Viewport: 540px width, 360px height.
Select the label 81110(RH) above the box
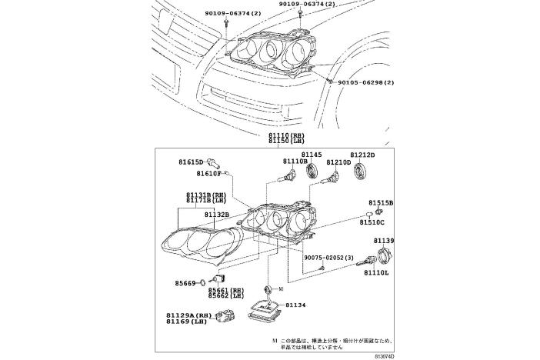(286, 136)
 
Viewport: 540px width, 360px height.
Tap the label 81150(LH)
(286, 142)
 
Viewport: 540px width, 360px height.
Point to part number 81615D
(190, 162)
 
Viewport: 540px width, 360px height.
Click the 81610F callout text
(206, 174)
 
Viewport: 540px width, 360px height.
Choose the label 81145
(312, 155)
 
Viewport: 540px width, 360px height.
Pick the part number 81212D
(362, 155)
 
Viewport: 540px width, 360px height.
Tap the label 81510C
(373, 222)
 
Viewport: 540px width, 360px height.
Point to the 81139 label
(384, 242)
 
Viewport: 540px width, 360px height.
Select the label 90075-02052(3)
(328, 258)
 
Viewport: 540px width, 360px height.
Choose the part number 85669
(185, 283)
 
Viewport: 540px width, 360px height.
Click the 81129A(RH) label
(188, 315)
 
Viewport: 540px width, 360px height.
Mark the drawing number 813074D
(380, 355)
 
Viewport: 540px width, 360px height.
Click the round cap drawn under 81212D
(360, 170)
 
